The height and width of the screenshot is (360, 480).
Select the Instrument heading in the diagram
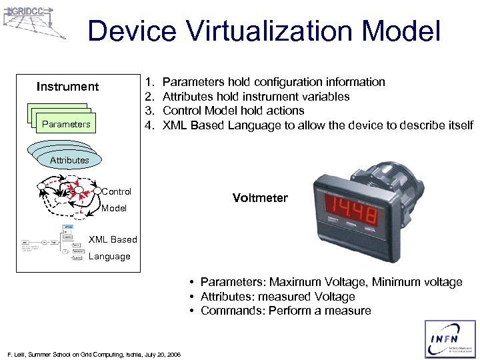click(x=67, y=87)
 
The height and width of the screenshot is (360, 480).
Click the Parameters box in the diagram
click(x=65, y=123)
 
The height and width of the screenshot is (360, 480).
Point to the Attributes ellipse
click(x=69, y=159)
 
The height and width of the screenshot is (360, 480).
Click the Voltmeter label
click(x=260, y=198)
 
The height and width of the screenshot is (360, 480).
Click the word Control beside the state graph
click(x=117, y=191)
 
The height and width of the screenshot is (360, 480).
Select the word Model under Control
click(x=114, y=208)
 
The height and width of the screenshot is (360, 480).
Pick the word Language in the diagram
click(x=110, y=257)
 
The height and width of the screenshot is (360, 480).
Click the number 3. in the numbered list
click(x=150, y=111)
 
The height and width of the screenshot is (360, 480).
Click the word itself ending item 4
click(x=459, y=125)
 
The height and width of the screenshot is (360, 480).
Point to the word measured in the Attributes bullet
click(x=282, y=297)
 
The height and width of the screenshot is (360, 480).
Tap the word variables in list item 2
click(x=326, y=97)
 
